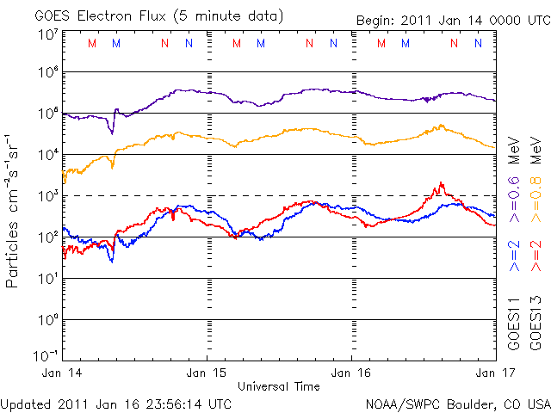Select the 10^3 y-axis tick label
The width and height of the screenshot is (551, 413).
click(48, 197)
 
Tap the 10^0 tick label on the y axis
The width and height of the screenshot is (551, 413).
click(48, 321)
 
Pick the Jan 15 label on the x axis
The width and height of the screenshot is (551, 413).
click(207, 372)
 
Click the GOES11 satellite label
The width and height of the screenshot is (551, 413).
click(514, 322)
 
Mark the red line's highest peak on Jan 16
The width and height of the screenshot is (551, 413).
click(441, 182)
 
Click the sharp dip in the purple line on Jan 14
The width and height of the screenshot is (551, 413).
click(111, 133)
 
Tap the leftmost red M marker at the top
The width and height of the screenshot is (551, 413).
click(92, 43)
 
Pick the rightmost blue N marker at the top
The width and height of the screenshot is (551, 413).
click(478, 43)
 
